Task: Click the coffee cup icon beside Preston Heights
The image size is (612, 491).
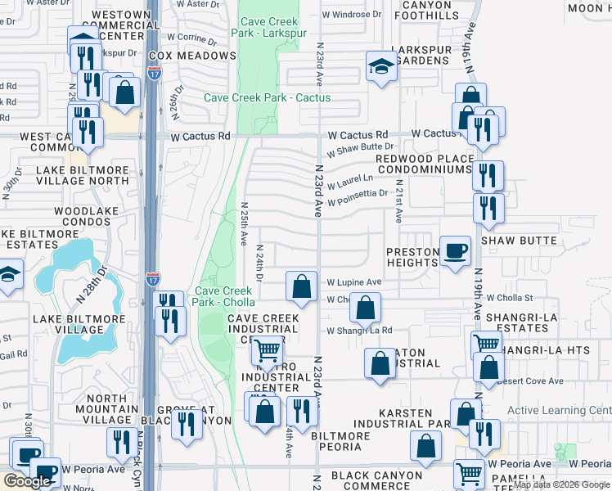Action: [x=456, y=251]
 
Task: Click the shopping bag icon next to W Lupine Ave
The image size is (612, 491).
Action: [x=302, y=286]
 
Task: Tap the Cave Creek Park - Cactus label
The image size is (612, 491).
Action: [x=268, y=98]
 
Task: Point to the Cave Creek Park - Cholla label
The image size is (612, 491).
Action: [x=224, y=296]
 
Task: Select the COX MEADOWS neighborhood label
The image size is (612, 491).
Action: [x=192, y=56]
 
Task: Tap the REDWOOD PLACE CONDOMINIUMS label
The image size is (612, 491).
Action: [x=425, y=164]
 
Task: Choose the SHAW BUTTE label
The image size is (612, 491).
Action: [x=519, y=241]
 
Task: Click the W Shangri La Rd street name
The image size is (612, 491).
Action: [x=359, y=331]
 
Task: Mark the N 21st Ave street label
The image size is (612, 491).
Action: [x=398, y=201]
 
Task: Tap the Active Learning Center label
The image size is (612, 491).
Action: [x=560, y=411]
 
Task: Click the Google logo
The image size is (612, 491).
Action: [x=28, y=481]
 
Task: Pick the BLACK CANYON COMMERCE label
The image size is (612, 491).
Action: [x=376, y=481]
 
